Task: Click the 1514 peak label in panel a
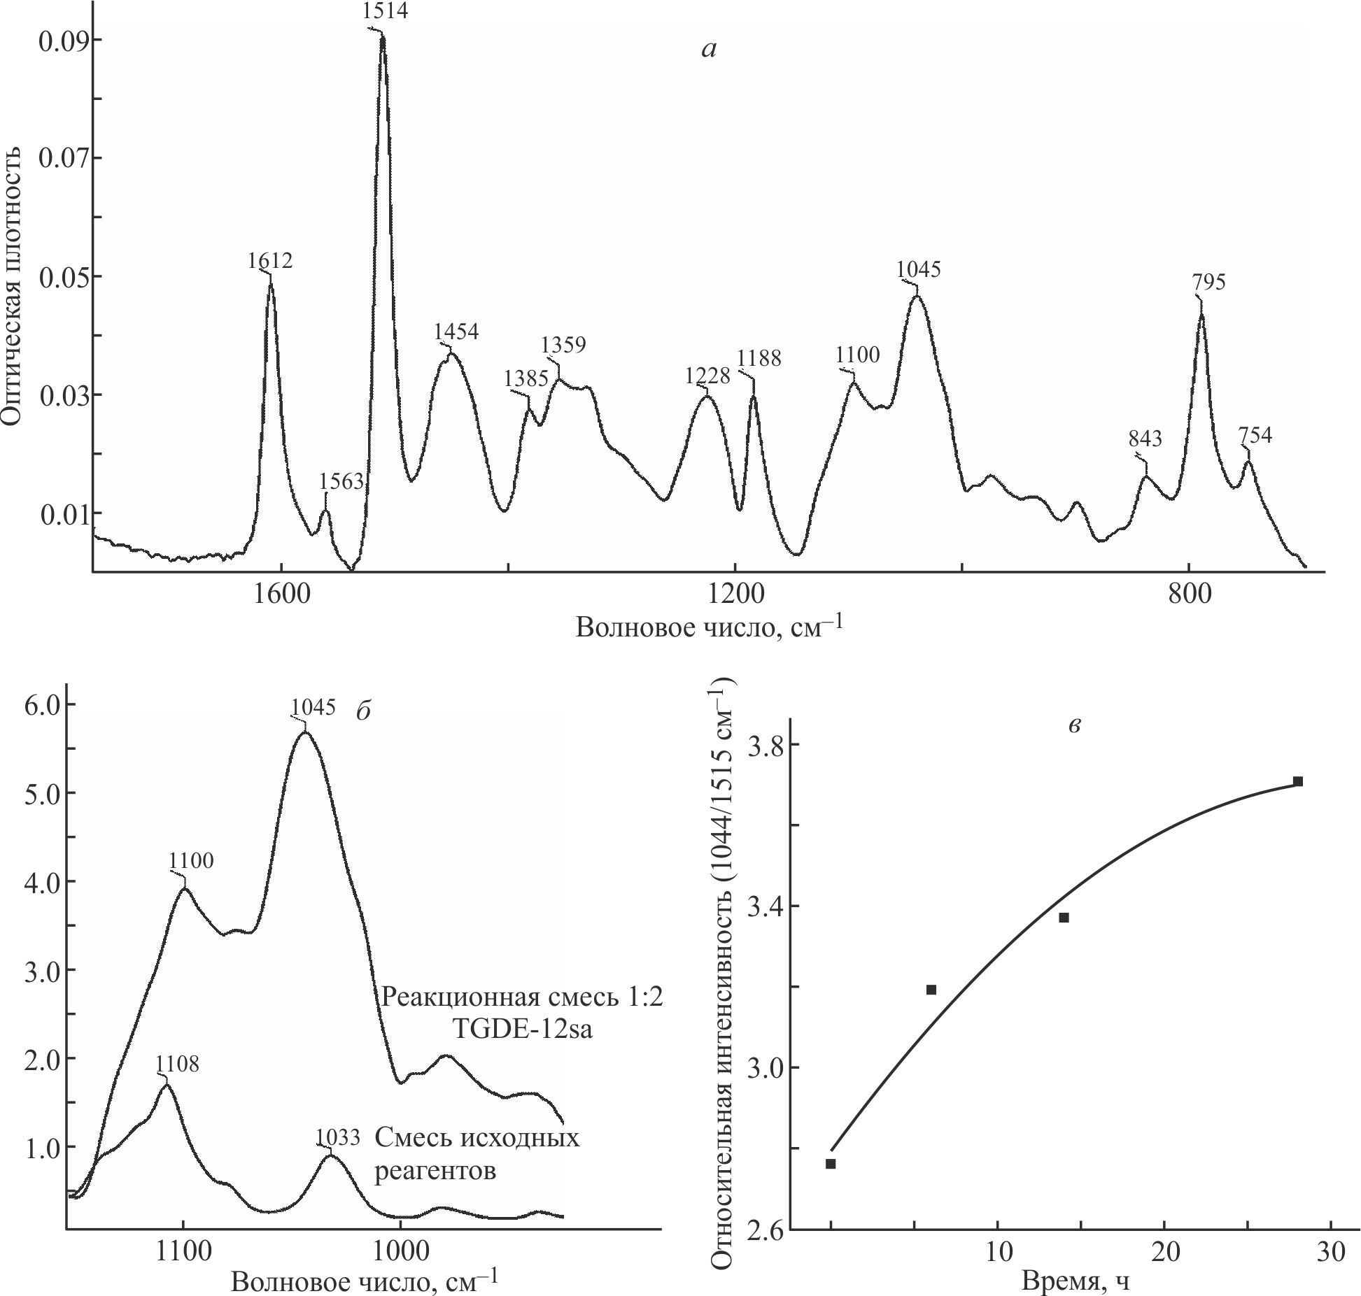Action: (385, 11)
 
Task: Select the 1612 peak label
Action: (270, 260)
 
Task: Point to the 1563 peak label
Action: (341, 481)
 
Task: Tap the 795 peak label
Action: (1208, 283)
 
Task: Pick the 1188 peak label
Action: (759, 358)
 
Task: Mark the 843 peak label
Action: (1145, 439)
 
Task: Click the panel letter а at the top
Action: (709, 49)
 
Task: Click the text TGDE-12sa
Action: (521, 1032)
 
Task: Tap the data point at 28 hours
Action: (1297, 781)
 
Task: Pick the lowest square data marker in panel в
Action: (831, 1164)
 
